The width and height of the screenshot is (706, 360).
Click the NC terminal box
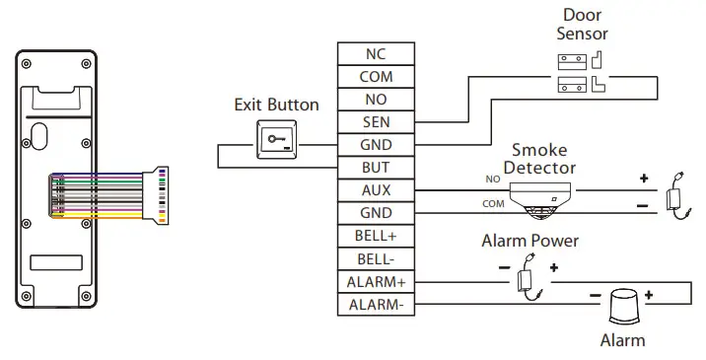click(x=376, y=54)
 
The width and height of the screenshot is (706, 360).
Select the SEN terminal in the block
click(x=376, y=122)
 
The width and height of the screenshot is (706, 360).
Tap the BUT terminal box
click(x=376, y=168)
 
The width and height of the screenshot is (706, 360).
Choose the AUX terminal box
click(x=376, y=190)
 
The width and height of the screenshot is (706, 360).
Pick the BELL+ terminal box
click(x=376, y=236)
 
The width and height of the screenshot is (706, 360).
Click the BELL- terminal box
click(x=376, y=258)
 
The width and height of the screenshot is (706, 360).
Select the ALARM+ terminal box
click(x=376, y=281)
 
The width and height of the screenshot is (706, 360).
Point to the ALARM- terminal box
click(x=376, y=304)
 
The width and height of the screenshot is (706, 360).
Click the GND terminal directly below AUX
click(x=376, y=213)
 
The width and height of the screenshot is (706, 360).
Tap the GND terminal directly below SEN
click(x=376, y=145)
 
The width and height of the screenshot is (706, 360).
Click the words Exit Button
click(x=276, y=105)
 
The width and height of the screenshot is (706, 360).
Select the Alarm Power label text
click(x=529, y=241)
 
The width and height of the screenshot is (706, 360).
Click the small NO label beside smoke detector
click(x=493, y=180)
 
